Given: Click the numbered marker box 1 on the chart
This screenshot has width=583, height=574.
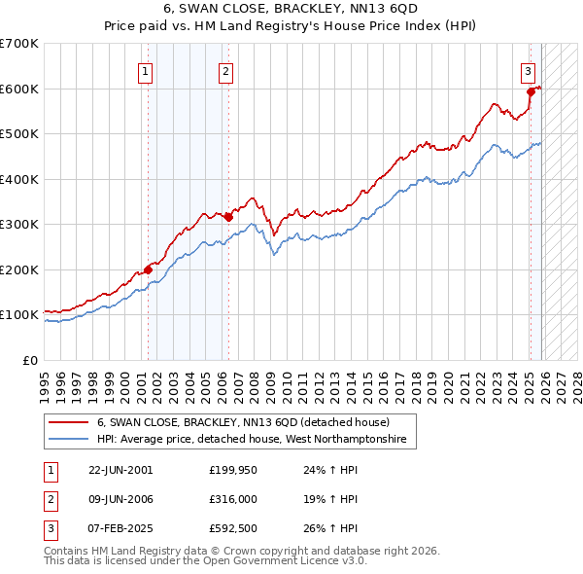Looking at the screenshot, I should click(145, 70).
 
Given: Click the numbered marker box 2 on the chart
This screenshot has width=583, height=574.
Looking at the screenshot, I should click(225, 70).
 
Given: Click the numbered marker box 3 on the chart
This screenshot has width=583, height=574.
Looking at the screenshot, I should click(527, 70).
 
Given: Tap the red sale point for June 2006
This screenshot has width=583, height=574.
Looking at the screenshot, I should click(228, 217).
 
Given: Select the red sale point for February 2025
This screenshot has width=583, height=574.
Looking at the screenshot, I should click(531, 92).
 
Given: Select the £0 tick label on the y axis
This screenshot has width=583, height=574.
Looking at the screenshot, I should click(29, 360).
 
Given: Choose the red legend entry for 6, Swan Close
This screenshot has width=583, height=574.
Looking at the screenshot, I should click(243, 423).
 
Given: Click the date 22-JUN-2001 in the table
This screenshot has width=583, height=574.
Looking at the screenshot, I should click(120, 469).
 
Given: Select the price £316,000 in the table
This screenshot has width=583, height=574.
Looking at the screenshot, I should click(231, 499).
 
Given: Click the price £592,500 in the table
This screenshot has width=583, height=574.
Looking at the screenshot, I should click(231, 529).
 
